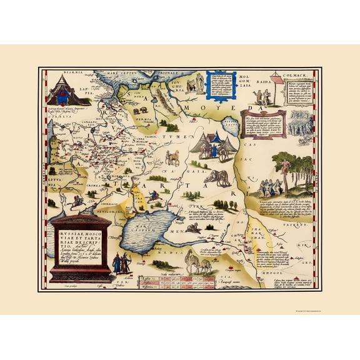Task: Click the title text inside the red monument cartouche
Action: (x=81, y=243)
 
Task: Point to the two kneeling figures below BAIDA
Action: (x=263, y=99)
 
